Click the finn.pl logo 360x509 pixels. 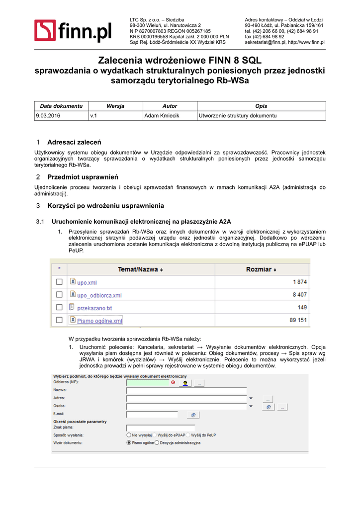pos(73,31)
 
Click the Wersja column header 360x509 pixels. pos(115,106)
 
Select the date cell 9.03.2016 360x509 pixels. pos(48,116)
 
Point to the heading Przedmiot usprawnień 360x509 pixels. pos(83,177)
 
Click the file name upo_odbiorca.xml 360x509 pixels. pos(99,295)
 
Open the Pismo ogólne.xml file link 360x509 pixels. pos(99,321)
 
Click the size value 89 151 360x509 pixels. pos(298,321)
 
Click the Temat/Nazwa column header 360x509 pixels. pos(140,269)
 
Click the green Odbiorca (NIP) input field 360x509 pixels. pos(148,382)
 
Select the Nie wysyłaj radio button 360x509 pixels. pos(129,435)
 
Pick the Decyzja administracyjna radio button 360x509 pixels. pos(157,442)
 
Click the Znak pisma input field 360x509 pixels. pos(161,427)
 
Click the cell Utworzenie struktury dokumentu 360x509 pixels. pos(237,116)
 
